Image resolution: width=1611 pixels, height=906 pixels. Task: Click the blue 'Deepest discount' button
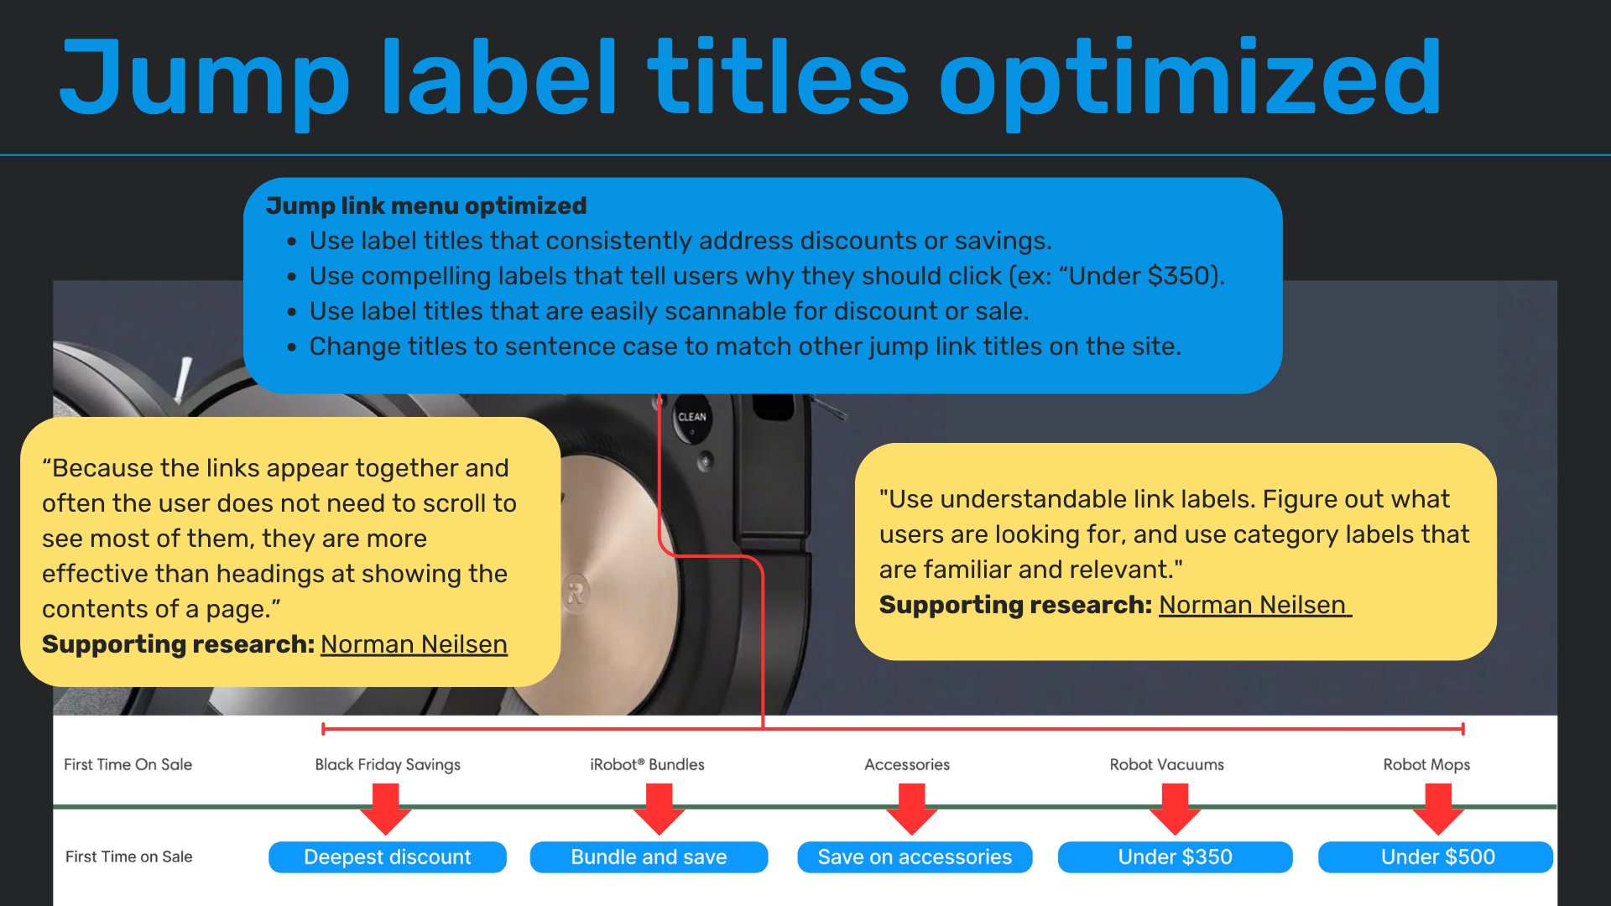tap(387, 857)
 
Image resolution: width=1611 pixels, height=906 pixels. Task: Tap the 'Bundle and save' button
tap(649, 857)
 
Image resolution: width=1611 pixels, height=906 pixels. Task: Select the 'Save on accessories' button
tap(915, 857)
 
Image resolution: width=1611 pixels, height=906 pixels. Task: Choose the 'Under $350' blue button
tap(1175, 857)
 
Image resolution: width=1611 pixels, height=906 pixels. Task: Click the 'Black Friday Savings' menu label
tap(388, 764)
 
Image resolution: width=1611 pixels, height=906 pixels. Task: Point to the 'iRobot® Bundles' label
tap(647, 764)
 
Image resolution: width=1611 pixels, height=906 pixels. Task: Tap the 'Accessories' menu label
tap(907, 764)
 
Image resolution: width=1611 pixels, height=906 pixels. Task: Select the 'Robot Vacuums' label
tap(1166, 764)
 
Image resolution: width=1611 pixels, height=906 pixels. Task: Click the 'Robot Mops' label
tap(1426, 764)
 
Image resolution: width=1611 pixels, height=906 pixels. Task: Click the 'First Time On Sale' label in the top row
tap(128, 764)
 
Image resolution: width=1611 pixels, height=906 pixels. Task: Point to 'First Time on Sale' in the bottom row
tap(129, 857)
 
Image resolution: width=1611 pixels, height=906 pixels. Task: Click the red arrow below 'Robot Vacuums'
tap(1175, 809)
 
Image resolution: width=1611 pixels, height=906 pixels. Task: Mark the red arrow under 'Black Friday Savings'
tap(386, 809)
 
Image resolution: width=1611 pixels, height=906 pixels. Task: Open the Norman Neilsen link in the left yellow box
tap(414, 644)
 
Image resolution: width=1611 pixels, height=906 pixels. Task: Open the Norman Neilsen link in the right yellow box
tap(1254, 605)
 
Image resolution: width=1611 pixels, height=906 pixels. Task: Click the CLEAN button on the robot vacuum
tap(692, 418)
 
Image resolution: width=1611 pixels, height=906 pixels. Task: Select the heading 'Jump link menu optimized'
tap(426, 206)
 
